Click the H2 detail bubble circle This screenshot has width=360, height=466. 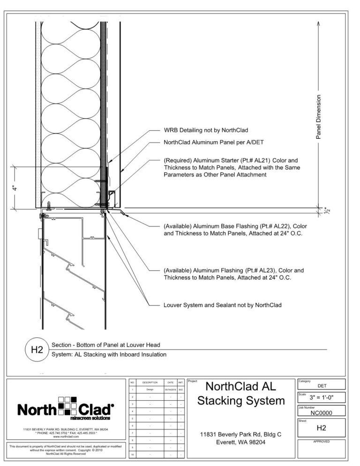37,350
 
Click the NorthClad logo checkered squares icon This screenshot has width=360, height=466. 69,406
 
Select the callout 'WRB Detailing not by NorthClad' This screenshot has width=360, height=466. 206,130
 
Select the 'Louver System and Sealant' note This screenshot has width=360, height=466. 223,305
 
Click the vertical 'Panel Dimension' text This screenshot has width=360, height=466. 319,117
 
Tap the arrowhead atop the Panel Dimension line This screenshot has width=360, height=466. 319,22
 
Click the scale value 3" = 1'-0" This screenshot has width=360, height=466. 322,397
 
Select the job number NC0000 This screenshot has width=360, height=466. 322,413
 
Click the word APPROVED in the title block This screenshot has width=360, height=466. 322,442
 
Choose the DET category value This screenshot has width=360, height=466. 322,385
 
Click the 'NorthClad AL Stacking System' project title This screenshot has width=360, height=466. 241,394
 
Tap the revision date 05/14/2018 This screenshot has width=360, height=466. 170,389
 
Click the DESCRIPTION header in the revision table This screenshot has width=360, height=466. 150,383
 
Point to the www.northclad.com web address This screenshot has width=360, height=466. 66,436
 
